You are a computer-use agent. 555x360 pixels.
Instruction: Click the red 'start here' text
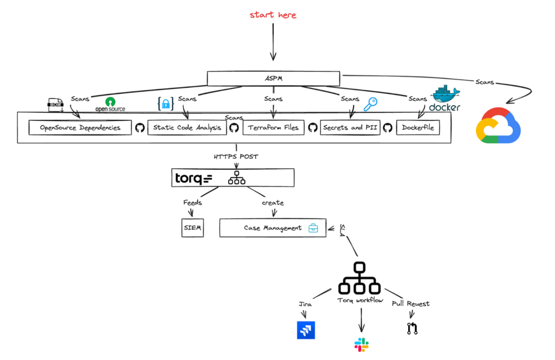click(273, 15)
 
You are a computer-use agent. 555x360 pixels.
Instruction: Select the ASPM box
click(274, 79)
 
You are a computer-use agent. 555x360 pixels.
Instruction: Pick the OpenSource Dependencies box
click(80, 128)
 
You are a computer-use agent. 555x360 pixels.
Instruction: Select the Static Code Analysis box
click(187, 128)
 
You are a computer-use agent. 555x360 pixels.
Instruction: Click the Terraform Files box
click(273, 128)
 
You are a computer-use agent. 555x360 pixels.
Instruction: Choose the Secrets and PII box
click(350, 128)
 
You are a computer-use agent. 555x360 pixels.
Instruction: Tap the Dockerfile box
click(418, 128)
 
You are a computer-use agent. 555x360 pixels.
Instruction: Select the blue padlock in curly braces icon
click(165, 103)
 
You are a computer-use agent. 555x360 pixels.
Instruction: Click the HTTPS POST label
click(237, 157)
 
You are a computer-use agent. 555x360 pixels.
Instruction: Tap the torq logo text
click(193, 178)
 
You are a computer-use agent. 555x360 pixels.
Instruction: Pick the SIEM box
click(193, 228)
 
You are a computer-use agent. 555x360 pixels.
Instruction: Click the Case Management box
click(273, 228)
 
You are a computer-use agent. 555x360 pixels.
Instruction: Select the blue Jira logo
click(306, 330)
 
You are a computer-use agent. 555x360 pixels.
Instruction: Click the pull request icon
click(412, 328)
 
